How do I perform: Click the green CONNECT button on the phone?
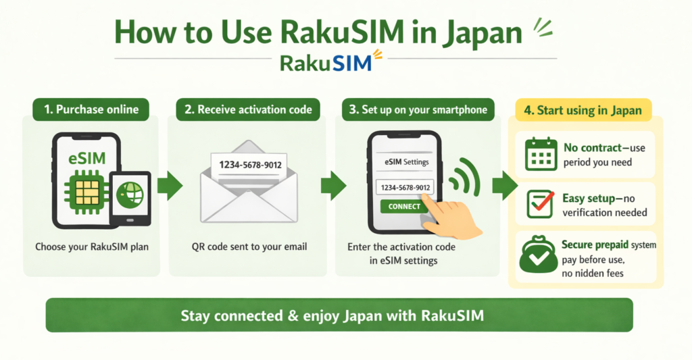pos(404,207)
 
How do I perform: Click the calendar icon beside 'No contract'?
pos(540,153)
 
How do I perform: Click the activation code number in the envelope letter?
pos(246,164)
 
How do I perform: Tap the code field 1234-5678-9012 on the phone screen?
pos(404,187)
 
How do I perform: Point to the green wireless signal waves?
pos(464,177)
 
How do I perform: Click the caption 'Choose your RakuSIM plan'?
pos(92,247)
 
